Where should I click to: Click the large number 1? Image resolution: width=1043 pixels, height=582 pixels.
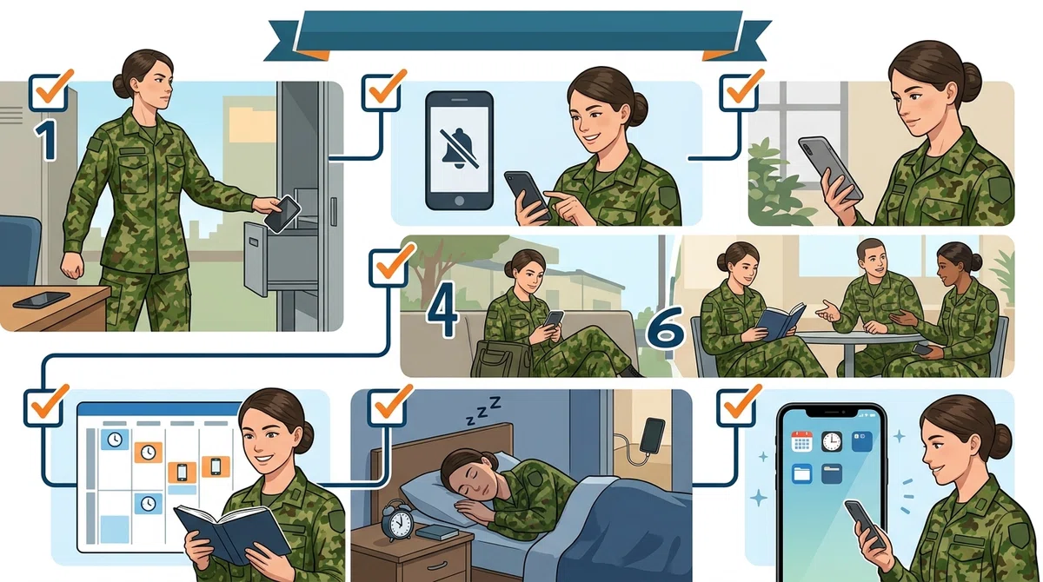tap(47, 140)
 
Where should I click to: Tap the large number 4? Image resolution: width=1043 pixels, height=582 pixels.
tap(442, 309)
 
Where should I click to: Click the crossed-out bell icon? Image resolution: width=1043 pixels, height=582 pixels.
tap(459, 149)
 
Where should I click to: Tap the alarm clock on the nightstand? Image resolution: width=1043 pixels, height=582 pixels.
tap(397, 520)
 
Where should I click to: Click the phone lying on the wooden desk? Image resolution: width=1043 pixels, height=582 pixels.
tap(42, 300)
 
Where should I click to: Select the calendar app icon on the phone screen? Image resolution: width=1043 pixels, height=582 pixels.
tap(801, 441)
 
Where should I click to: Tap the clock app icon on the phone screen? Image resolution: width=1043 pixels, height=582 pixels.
tap(832, 441)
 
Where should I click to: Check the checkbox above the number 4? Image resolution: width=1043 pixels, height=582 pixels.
tap(389, 268)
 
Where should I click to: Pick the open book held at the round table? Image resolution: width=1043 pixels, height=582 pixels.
tap(780, 321)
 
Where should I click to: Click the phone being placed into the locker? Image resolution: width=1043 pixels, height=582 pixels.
tap(282, 214)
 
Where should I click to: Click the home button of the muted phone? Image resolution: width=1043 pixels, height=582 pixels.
tap(459, 201)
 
